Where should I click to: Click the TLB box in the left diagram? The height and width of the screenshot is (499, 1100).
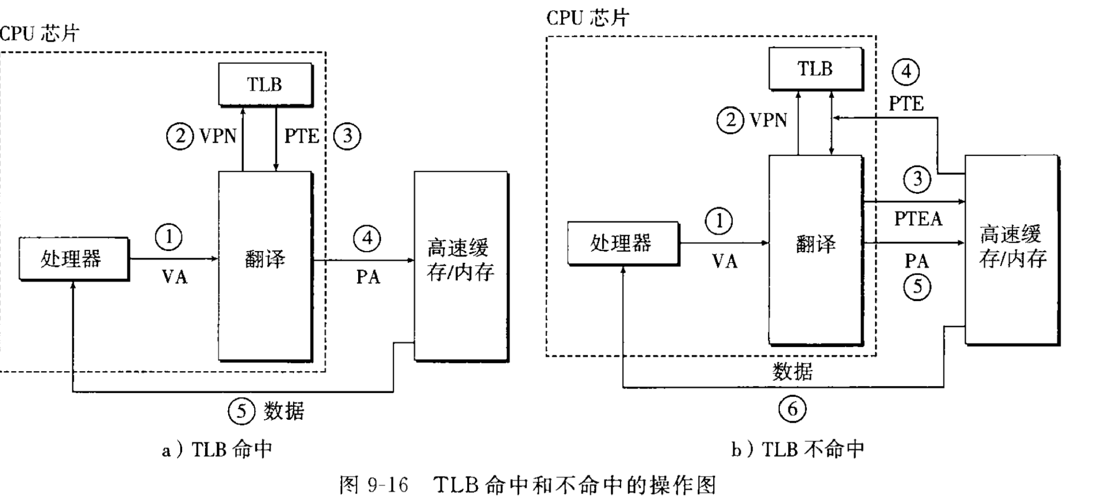click(265, 84)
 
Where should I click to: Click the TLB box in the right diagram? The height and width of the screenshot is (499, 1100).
click(816, 69)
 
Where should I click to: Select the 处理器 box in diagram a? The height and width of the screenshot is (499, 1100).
click(73, 259)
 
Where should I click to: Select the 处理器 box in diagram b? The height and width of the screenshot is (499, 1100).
click(623, 243)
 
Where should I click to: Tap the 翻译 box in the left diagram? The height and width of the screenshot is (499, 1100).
click(265, 266)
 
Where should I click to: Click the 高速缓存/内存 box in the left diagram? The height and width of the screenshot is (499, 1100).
click(460, 266)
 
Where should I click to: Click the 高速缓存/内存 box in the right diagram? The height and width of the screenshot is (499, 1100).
click(1011, 249)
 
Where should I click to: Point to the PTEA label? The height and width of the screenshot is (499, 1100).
click(918, 219)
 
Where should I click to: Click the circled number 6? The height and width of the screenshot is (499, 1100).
click(792, 409)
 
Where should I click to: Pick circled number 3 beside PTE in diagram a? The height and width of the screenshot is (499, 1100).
click(347, 136)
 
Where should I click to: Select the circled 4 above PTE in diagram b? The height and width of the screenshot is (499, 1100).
click(906, 72)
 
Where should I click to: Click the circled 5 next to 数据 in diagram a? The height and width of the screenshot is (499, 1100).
click(241, 411)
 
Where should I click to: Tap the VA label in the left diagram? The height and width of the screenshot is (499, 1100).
click(174, 277)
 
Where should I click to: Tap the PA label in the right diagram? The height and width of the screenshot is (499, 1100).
click(916, 261)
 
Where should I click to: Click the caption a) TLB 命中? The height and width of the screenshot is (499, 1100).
click(217, 450)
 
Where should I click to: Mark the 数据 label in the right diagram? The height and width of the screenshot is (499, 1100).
click(792, 372)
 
